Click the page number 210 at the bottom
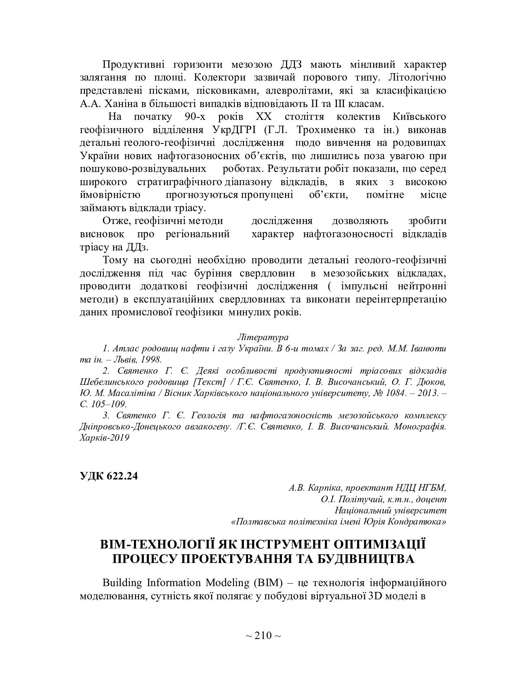click(263, 635)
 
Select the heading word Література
click(263, 337)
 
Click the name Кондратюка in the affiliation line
click(423, 522)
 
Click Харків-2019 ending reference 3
click(104, 437)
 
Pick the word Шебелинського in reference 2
click(104, 382)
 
